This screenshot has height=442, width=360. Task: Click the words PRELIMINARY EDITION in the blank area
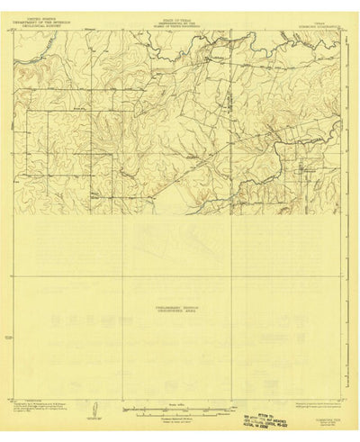coord(179,307)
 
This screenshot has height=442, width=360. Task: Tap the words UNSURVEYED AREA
coord(179,311)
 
